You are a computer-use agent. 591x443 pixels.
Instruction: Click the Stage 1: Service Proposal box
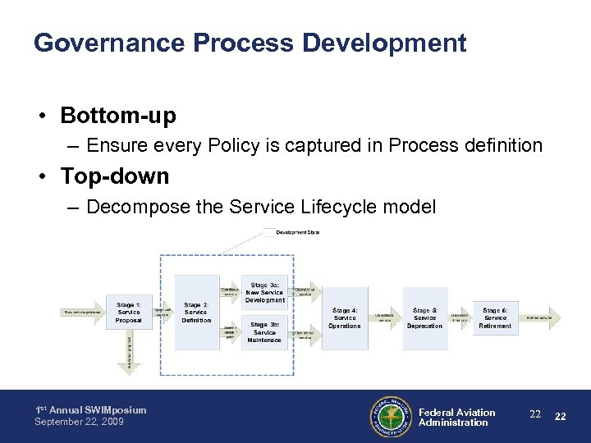(129, 313)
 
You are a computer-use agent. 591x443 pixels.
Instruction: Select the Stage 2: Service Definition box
(196, 313)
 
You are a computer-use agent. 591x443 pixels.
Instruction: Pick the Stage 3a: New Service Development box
(264, 293)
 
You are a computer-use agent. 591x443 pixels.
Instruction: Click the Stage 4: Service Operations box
(345, 317)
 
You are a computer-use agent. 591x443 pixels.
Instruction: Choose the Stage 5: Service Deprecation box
(424, 317)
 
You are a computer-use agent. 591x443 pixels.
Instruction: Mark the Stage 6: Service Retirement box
(495, 317)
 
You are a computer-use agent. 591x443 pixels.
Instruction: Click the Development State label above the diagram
(298, 232)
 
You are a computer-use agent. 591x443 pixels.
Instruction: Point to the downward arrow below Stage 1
(129, 352)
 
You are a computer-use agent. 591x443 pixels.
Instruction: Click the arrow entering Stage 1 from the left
(83, 313)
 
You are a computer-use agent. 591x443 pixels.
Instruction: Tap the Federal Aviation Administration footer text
(456, 418)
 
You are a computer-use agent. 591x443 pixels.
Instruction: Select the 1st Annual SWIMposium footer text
(90, 410)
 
